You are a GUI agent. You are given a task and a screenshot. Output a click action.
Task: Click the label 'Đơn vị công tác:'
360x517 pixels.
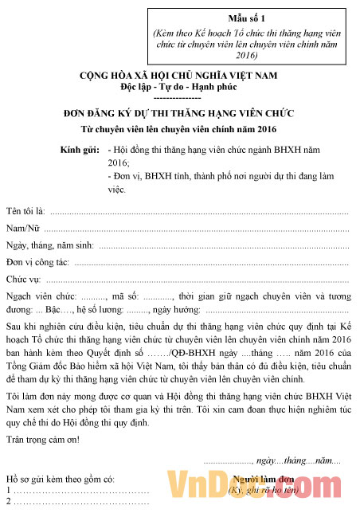coord(37,261)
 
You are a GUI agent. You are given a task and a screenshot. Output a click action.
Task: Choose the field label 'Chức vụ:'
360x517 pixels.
coord(23,279)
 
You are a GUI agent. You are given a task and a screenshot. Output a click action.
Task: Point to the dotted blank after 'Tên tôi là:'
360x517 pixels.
coord(199,212)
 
